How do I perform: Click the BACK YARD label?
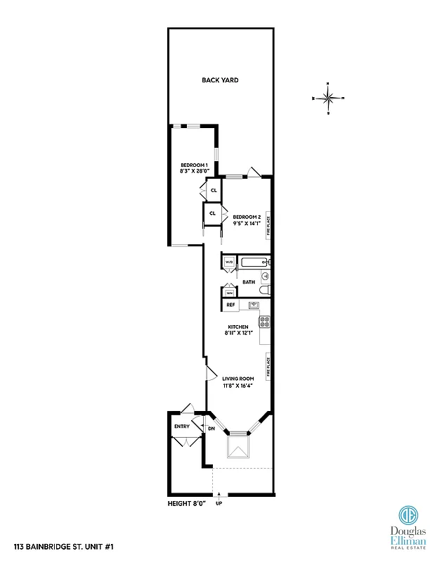[x=220, y=80]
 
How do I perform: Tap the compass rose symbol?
[x=328, y=98]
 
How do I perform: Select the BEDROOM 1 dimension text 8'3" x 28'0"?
[x=193, y=171]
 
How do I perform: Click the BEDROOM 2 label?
[x=247, y=217]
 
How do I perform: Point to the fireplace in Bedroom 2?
[x=267, y=225]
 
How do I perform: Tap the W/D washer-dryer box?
[x=229, y=262]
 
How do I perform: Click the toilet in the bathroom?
[x=264, y=290]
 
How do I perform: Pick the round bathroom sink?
[x=265, y=276]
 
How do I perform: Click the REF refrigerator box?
[x=230, y=305]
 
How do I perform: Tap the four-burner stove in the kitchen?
[x=265, y=322]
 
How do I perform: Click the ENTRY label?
[x=181, y=426]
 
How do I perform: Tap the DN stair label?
[x=211, y=428]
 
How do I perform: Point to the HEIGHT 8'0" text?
[x=187, y=504]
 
